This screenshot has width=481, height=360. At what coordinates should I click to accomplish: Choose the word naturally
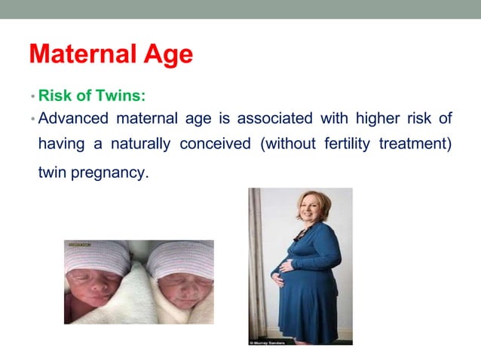139,144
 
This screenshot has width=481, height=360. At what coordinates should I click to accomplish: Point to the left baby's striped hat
99,260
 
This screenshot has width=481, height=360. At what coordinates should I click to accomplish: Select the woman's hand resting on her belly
277,279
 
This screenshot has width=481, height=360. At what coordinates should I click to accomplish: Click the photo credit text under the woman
268,342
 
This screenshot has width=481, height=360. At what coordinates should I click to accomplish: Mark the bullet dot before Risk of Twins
33,97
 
